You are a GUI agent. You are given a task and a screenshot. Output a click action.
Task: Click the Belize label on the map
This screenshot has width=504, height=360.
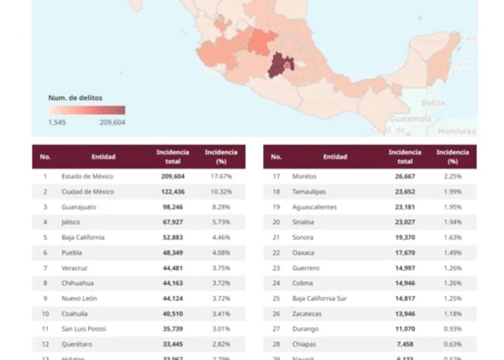(433, 103)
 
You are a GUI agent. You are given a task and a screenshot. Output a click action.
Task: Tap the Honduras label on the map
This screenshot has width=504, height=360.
(456, 131)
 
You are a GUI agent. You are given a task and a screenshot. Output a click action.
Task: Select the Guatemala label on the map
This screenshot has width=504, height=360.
(411, 118)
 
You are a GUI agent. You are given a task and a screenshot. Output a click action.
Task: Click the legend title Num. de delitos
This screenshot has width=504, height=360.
(75, 97)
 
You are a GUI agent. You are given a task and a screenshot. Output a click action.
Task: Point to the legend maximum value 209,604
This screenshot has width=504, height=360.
(112, 122)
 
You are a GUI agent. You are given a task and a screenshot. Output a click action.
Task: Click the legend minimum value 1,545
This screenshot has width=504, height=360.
(57, 122)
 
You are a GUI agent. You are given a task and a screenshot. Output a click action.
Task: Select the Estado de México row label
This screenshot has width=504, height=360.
(87, 176)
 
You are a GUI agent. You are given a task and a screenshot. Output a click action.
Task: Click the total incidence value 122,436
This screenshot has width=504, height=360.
(172, 191)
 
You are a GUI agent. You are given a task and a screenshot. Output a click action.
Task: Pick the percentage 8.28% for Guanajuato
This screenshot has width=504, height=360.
(220, 207)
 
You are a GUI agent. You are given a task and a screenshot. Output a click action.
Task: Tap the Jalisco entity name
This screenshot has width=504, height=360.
(73, 222)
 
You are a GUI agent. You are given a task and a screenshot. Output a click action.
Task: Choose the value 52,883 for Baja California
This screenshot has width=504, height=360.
(172, 237)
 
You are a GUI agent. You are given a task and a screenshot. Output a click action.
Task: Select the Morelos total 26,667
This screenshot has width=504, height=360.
(405, 176)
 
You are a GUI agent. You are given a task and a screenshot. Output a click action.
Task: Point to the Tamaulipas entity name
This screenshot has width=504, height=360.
(310, 191)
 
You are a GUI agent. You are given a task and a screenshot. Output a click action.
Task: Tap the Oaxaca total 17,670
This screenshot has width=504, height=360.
(405, 253)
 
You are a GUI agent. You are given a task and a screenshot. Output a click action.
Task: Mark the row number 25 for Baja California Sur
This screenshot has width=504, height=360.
(276, 298)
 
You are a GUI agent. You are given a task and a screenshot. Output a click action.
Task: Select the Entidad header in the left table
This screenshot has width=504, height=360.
(103, 156)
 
